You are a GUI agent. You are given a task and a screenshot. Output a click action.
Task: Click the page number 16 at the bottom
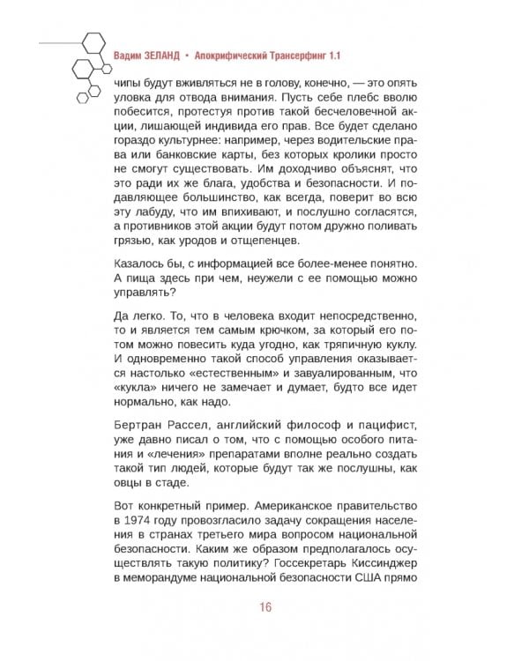tap(264, 608)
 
